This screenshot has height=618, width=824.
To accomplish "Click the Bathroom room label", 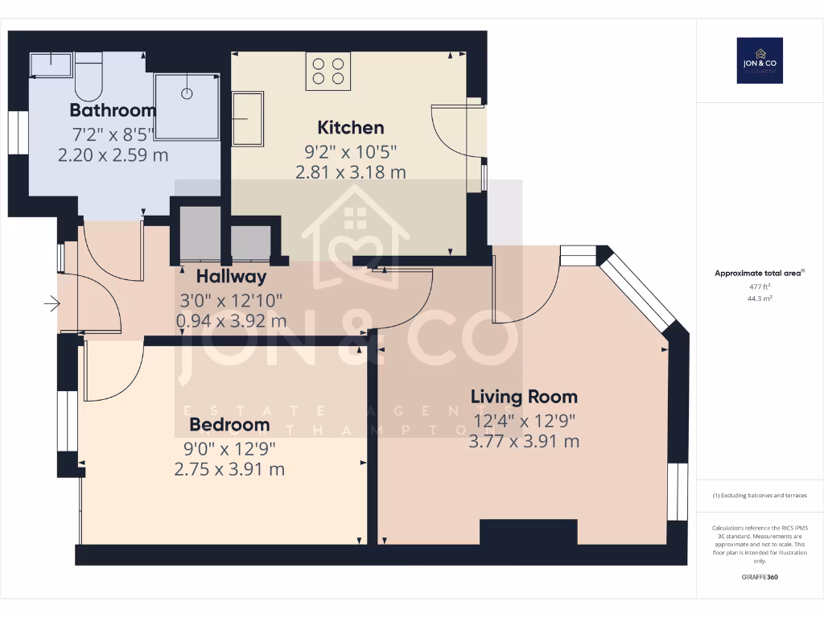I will pyautogui.click(x=113, y=110).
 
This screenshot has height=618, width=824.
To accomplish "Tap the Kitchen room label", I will pyautogui.click(x=351, y=127).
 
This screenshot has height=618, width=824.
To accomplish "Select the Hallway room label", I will pyautogui.click(x=232, y=277).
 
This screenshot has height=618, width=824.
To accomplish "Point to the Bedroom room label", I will pyautogui.click(x=229, y=424).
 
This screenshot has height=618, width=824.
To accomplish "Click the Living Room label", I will pyautogui.click(x=524, y=397).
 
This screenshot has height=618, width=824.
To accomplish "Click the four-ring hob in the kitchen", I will pyautogui.click(x=328, y=71).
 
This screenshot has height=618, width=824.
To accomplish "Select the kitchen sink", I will pyautogui.click(x=248, y=118).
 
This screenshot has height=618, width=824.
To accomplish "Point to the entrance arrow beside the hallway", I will pyautogui.click(x=52, y=303).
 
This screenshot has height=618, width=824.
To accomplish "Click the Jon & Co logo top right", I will pyautogui.click(x=760, y=60).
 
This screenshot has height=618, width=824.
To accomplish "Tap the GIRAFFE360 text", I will pyautogui.click(x=760, y=577).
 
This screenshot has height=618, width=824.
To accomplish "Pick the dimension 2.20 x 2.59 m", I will pyautogui.click(x=113, y=154).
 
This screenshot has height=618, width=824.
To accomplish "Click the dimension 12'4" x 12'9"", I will pyautogui.click(x=524, y=420).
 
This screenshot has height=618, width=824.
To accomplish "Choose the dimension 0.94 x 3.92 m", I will pyautogui.click(x=232, y=320).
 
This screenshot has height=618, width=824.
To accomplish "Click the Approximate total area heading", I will pyautogui.click(x=759, y=274).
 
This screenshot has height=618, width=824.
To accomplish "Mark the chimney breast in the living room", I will pyautogui.click(x=529, y=532).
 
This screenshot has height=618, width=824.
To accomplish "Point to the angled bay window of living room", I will pyautogui.click(x=642, y=290).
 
